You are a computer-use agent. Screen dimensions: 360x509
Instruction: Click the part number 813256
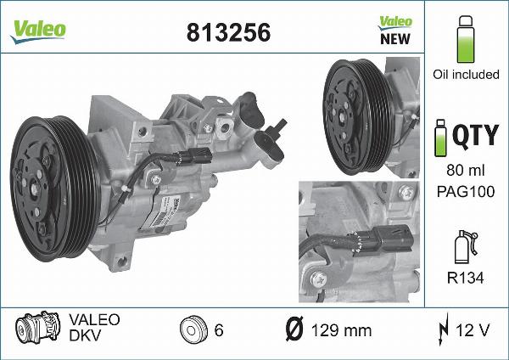pyautogui.click(x=228, y=31)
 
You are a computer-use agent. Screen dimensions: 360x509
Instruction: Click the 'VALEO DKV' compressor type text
pyautogui.click(x=93, y=328)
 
